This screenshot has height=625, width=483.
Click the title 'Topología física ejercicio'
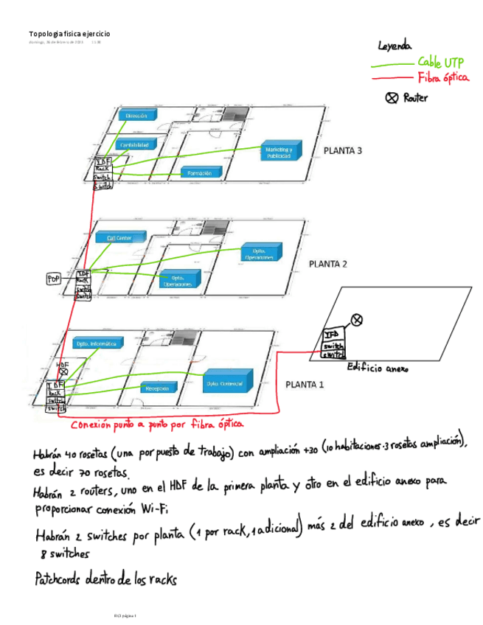point(69,34)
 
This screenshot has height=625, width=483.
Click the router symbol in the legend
point(392,97)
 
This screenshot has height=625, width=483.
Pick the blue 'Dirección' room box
point(137,116)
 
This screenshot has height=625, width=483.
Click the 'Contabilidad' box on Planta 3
point(139,144)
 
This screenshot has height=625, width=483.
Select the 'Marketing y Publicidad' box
point(279,153)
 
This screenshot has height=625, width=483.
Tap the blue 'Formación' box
point(201,173)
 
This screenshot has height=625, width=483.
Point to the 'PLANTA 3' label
point(343,152)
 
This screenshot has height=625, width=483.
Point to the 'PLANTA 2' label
point(327,263)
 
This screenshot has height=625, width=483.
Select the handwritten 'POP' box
point(54,279)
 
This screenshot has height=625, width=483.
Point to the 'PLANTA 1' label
point(305,384)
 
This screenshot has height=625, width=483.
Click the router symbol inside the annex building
point(357,319)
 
